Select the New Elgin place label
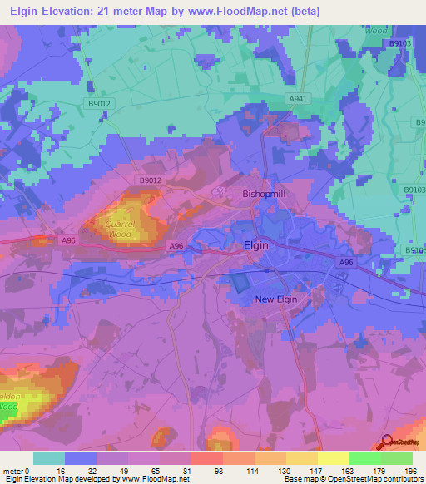[x=276, y=299]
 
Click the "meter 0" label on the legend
[x=17, y=470]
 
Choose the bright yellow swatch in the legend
[x=333, y=458]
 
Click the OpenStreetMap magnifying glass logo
[x=387, y=442]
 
